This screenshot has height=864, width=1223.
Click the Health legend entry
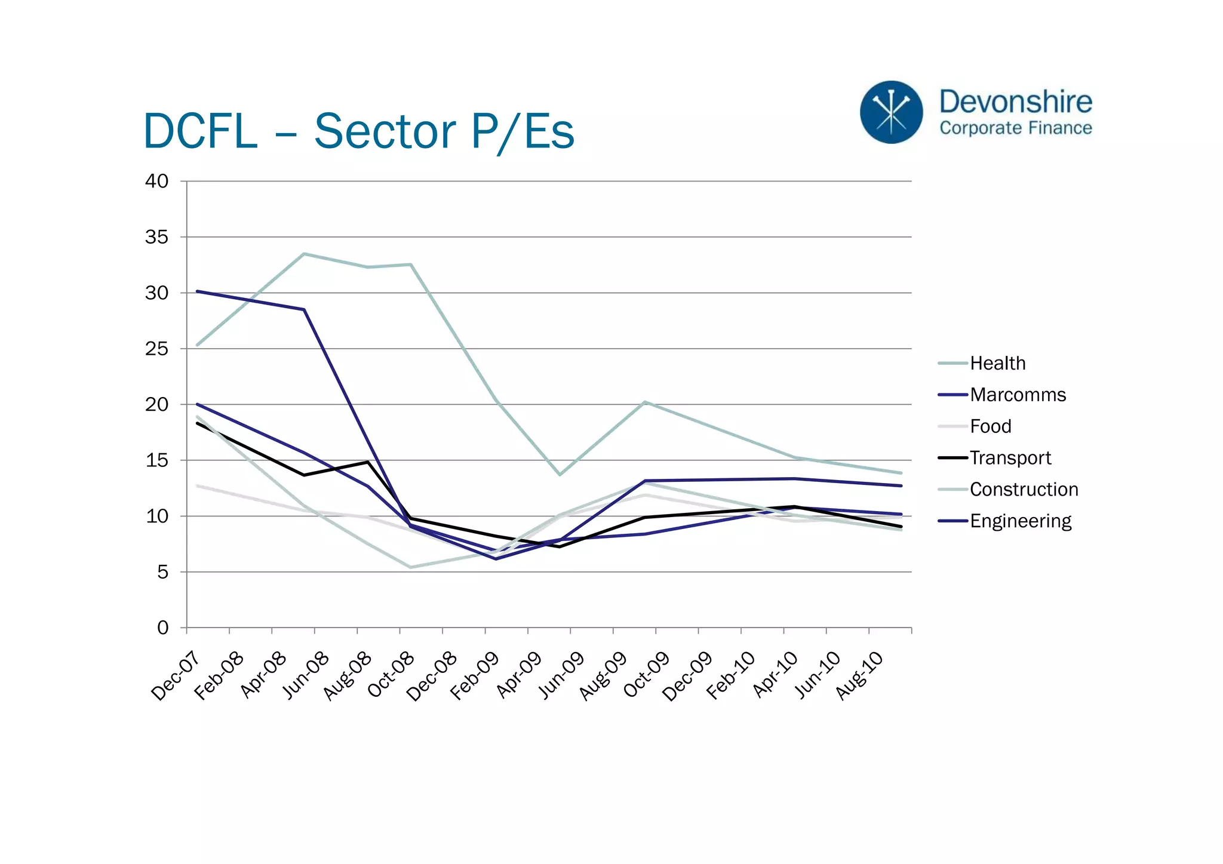(997, 363)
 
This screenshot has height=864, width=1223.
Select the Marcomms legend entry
(1017, 395)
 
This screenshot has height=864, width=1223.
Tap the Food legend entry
(990, 426)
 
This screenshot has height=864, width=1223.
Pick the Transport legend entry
(1010, 458)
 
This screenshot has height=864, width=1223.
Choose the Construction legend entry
(1024, 490)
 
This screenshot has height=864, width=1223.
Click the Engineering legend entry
(1020, 521)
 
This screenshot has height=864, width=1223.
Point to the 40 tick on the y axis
(157, 181)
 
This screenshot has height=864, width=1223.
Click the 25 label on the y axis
(157, 349)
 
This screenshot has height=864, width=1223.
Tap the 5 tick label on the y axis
(163, 572)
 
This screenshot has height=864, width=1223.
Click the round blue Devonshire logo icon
(891, 112)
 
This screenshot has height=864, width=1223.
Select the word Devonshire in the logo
(1015, 102)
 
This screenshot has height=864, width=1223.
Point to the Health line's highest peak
(304, 254)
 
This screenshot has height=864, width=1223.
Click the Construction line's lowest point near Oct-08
(411, 567)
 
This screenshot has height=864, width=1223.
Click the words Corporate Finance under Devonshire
(1015, 128)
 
